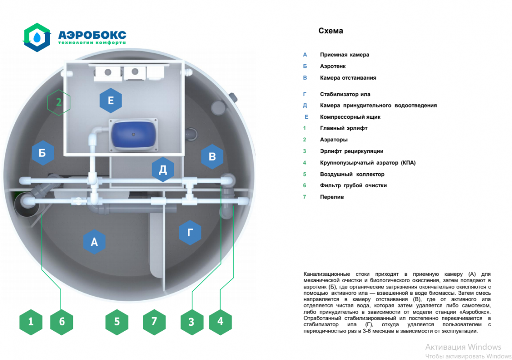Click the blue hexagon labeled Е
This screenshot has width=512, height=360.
pos(111,101)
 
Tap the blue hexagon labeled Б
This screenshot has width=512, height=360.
pos(43,153)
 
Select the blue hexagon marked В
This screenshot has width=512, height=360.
pos(213,157)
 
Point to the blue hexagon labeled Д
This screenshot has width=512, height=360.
pos(163,170)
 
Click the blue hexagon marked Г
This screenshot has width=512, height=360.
pos(190,233)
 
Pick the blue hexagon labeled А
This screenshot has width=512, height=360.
pos(94,242)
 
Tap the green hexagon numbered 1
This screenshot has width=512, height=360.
pos(31,321)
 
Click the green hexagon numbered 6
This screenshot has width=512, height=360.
pos(62,321)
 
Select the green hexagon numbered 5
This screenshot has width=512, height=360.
pos(117,321)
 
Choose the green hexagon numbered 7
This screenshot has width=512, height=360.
pos(154,321)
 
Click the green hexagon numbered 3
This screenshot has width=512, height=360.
pos(191,322)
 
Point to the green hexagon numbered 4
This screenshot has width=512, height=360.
pos(220,321)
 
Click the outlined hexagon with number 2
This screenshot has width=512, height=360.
pos(59,102)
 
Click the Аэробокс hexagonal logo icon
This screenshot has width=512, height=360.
pos(37,37)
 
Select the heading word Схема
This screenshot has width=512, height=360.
pos(331,31)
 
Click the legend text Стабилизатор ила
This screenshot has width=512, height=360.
pos(345,94)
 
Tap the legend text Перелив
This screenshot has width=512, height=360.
pos(332,197)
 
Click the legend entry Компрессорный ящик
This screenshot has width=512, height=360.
pos(350,117)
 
